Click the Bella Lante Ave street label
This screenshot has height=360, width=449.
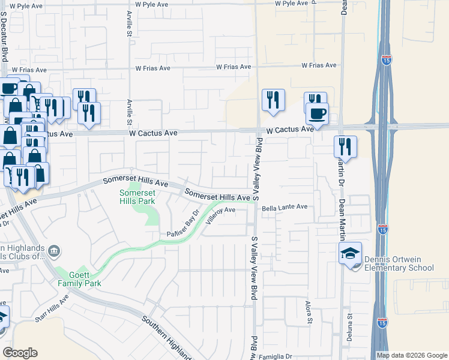pyautogui.click(x=285, y=207)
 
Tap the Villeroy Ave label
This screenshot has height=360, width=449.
pyautogui.click(x=221, y=214)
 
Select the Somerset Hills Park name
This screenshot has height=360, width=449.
pyautogui.click(x=137, y=196)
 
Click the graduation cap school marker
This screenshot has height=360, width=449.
pyautogui.click(x=350, y=254)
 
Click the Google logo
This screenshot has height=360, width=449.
pyautogui.click(x=20, y=353)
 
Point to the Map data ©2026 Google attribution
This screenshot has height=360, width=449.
pyautogui.click(x=411, y=355)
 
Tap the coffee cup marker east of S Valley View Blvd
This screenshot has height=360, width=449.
pyautogui.click(x=317, y=113)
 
